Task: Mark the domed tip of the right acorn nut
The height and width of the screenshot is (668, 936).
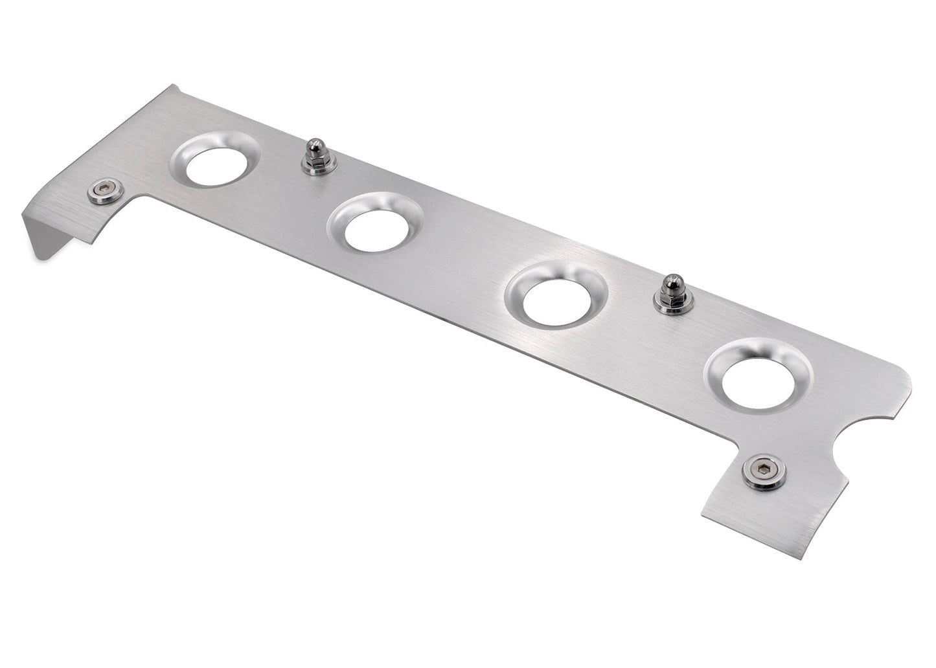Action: [670, 282]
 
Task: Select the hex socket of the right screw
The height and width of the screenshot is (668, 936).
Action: [765, 471]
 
